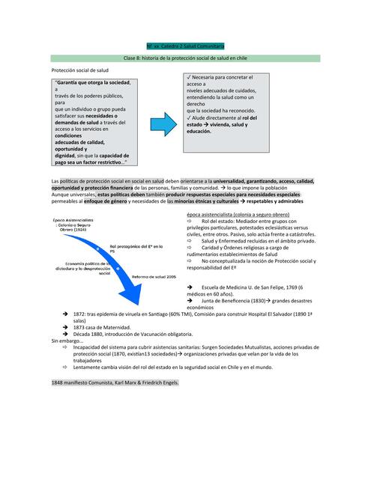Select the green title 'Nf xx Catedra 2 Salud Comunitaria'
pyautogui.click(x=184, y=45)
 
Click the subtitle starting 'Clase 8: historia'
pyautogui.click(x=184, y=57)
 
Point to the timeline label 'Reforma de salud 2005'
pyautogui.click(x=154, y=276)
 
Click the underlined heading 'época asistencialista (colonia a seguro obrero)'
pyautogui.click(x=238, y=215)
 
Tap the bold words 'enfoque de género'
pyautogui.click(x=106, y=202)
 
